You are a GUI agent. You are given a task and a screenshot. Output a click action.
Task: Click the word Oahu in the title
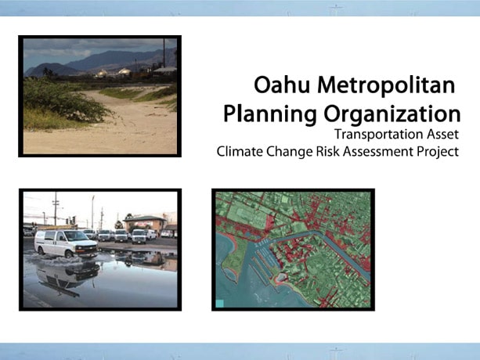282,85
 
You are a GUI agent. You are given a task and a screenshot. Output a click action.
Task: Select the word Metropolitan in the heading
386,85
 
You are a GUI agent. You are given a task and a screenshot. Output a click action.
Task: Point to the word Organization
392,114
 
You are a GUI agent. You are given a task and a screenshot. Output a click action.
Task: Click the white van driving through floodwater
66,243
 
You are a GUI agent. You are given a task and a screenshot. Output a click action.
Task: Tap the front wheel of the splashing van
69,254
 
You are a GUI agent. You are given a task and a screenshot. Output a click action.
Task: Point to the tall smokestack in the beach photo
164,52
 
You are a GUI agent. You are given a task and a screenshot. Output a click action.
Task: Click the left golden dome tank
102,74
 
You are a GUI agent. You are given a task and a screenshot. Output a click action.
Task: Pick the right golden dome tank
125,72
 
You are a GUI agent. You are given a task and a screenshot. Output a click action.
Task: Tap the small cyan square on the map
220,304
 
